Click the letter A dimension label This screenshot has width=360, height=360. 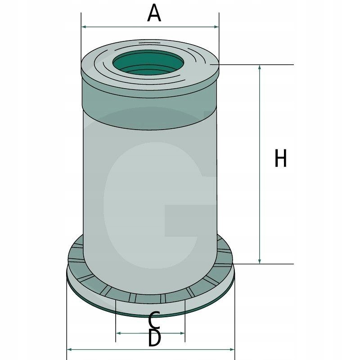(x=154, y=13)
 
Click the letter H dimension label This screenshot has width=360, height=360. (x=280, y=159)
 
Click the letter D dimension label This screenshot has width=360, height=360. (x=154, y=338)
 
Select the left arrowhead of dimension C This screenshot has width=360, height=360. (x=118, y=333)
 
